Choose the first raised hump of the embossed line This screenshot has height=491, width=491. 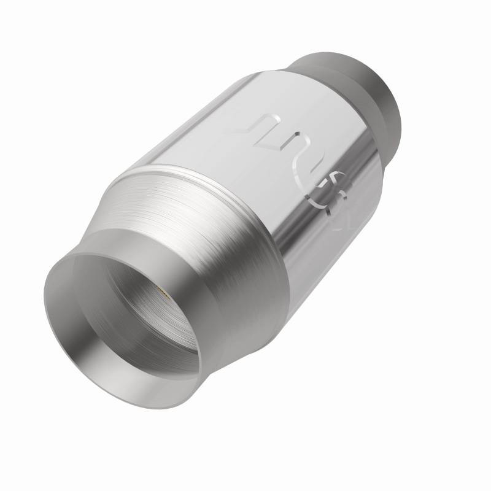coord(270,117)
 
